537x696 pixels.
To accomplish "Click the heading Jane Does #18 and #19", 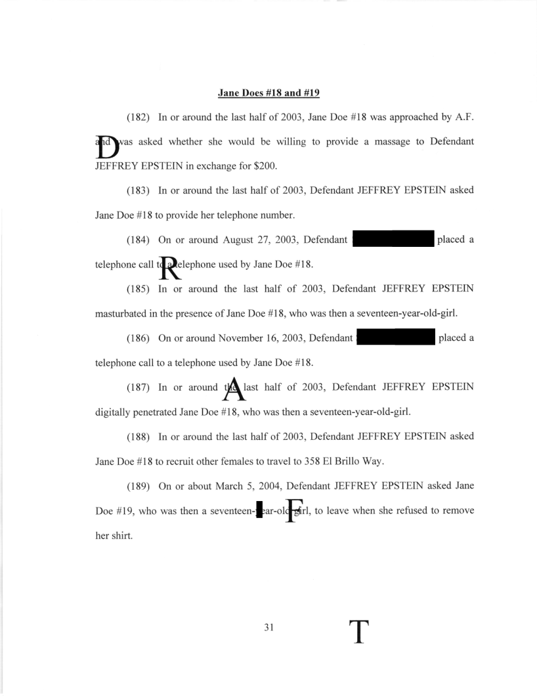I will coord(268,93).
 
